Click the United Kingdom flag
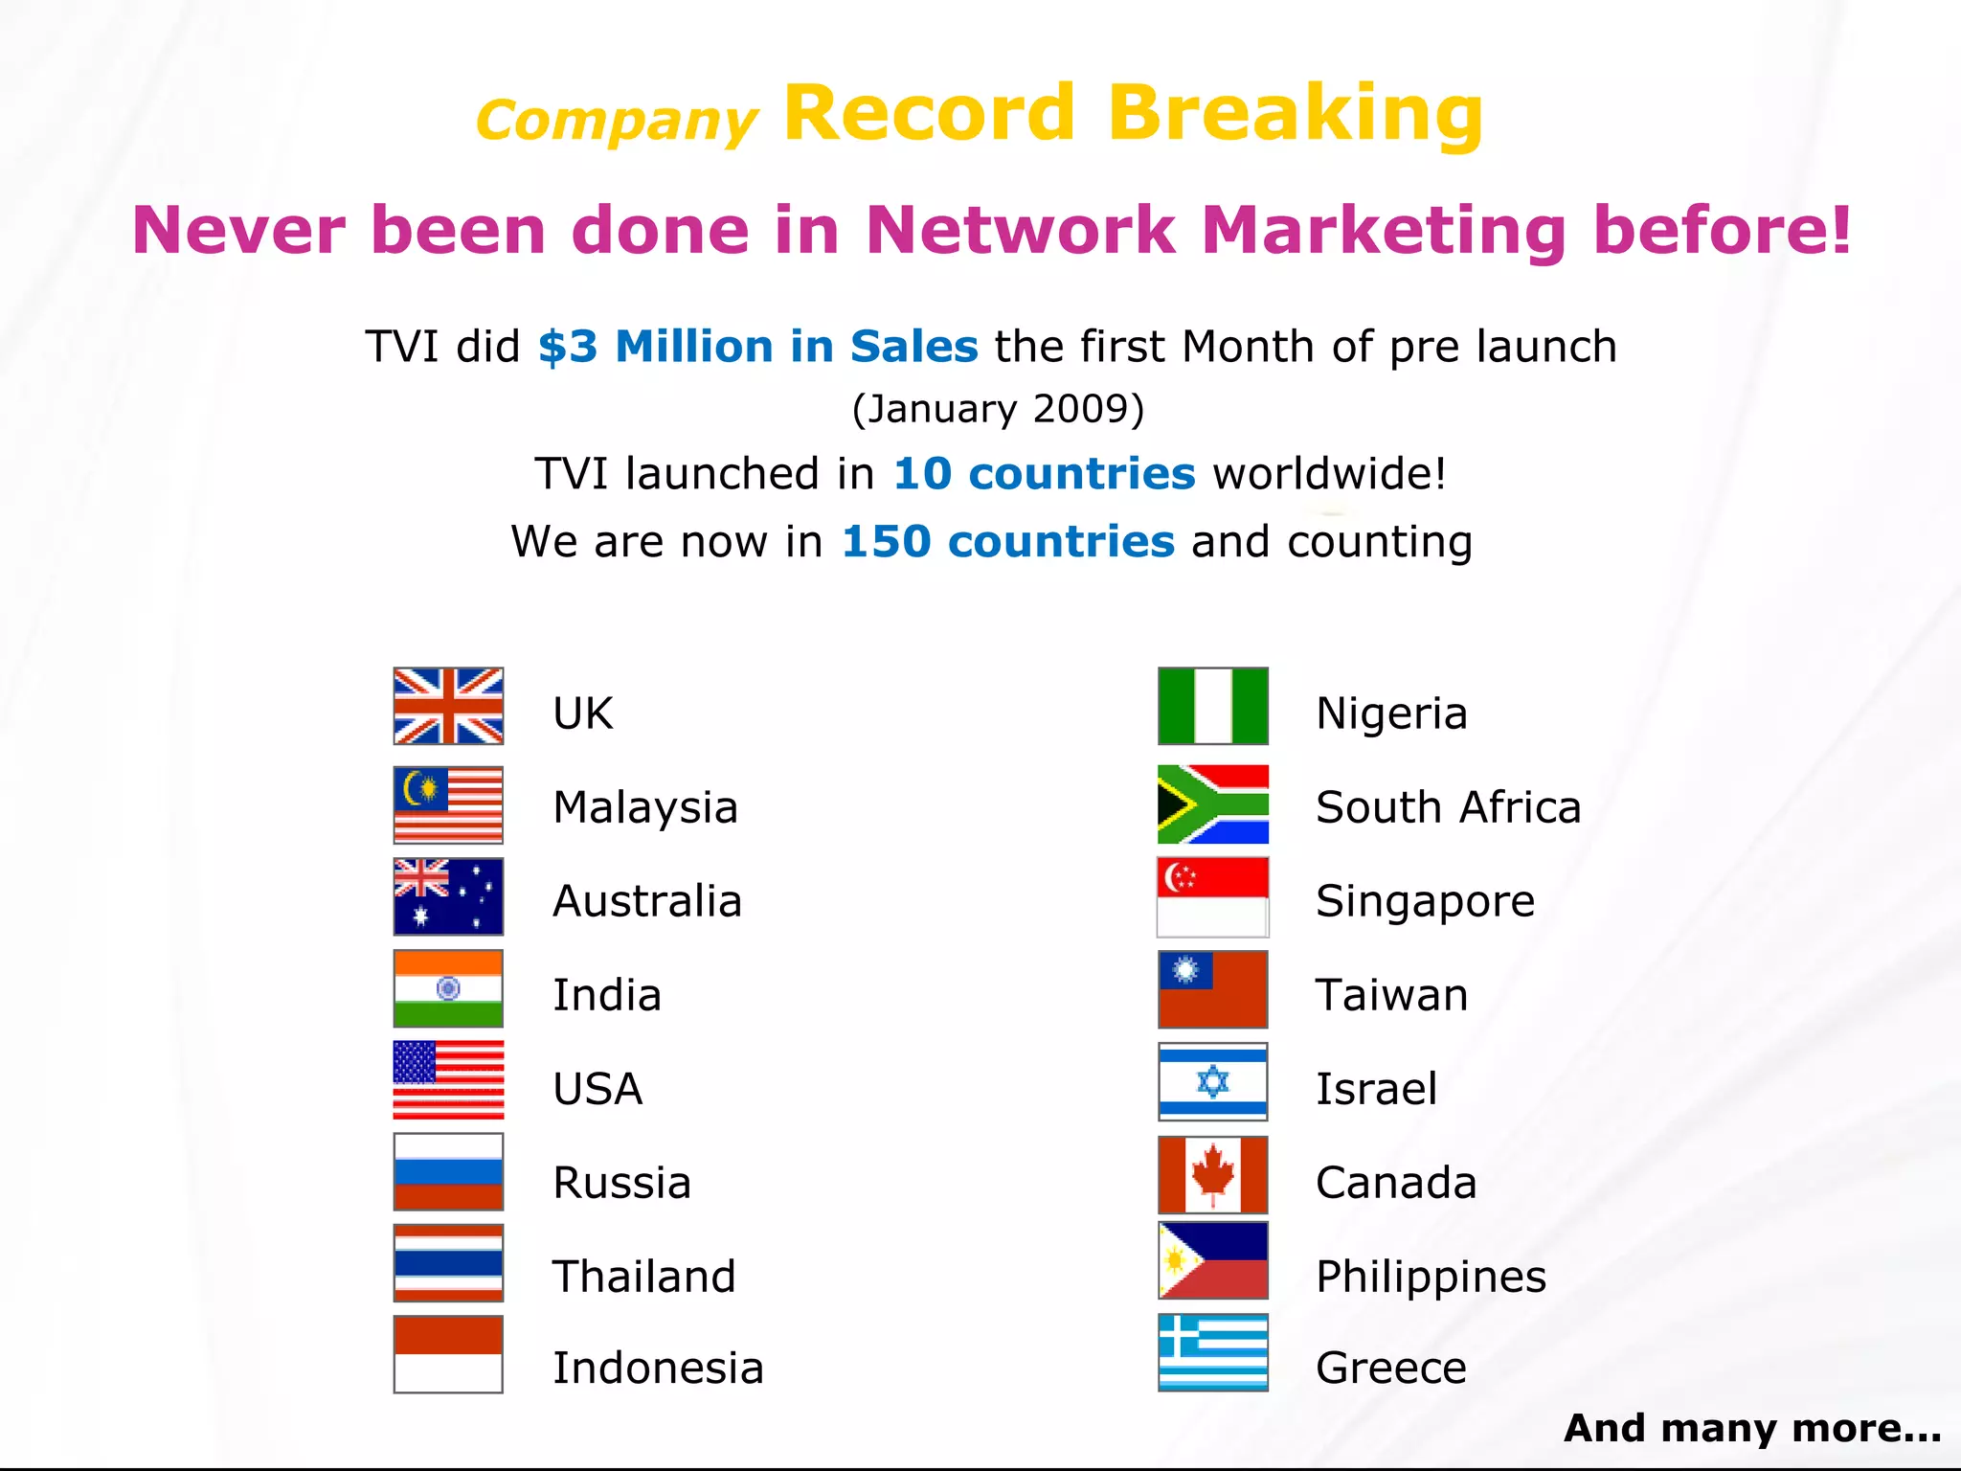[448, 706]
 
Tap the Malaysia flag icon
[448, 804]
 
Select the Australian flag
[448, 896]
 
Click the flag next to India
[448, 988]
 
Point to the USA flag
[448, 1080]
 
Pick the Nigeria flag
[1212, 706]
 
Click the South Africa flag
[1212, 804]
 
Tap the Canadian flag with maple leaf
[1212, 1175]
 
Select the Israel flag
[1212, 1082]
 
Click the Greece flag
[1212, 1352]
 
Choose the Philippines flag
[1212, 1260]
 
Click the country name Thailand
[644, 1277]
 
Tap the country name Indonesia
[659, 1368]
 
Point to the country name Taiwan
[1391, 995]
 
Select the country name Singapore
[1425, 901]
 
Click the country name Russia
[622, 1183]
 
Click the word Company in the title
[617, 122]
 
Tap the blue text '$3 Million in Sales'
[757, 346]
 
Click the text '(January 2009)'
[998, 409]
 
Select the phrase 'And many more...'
[1752, 1428]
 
